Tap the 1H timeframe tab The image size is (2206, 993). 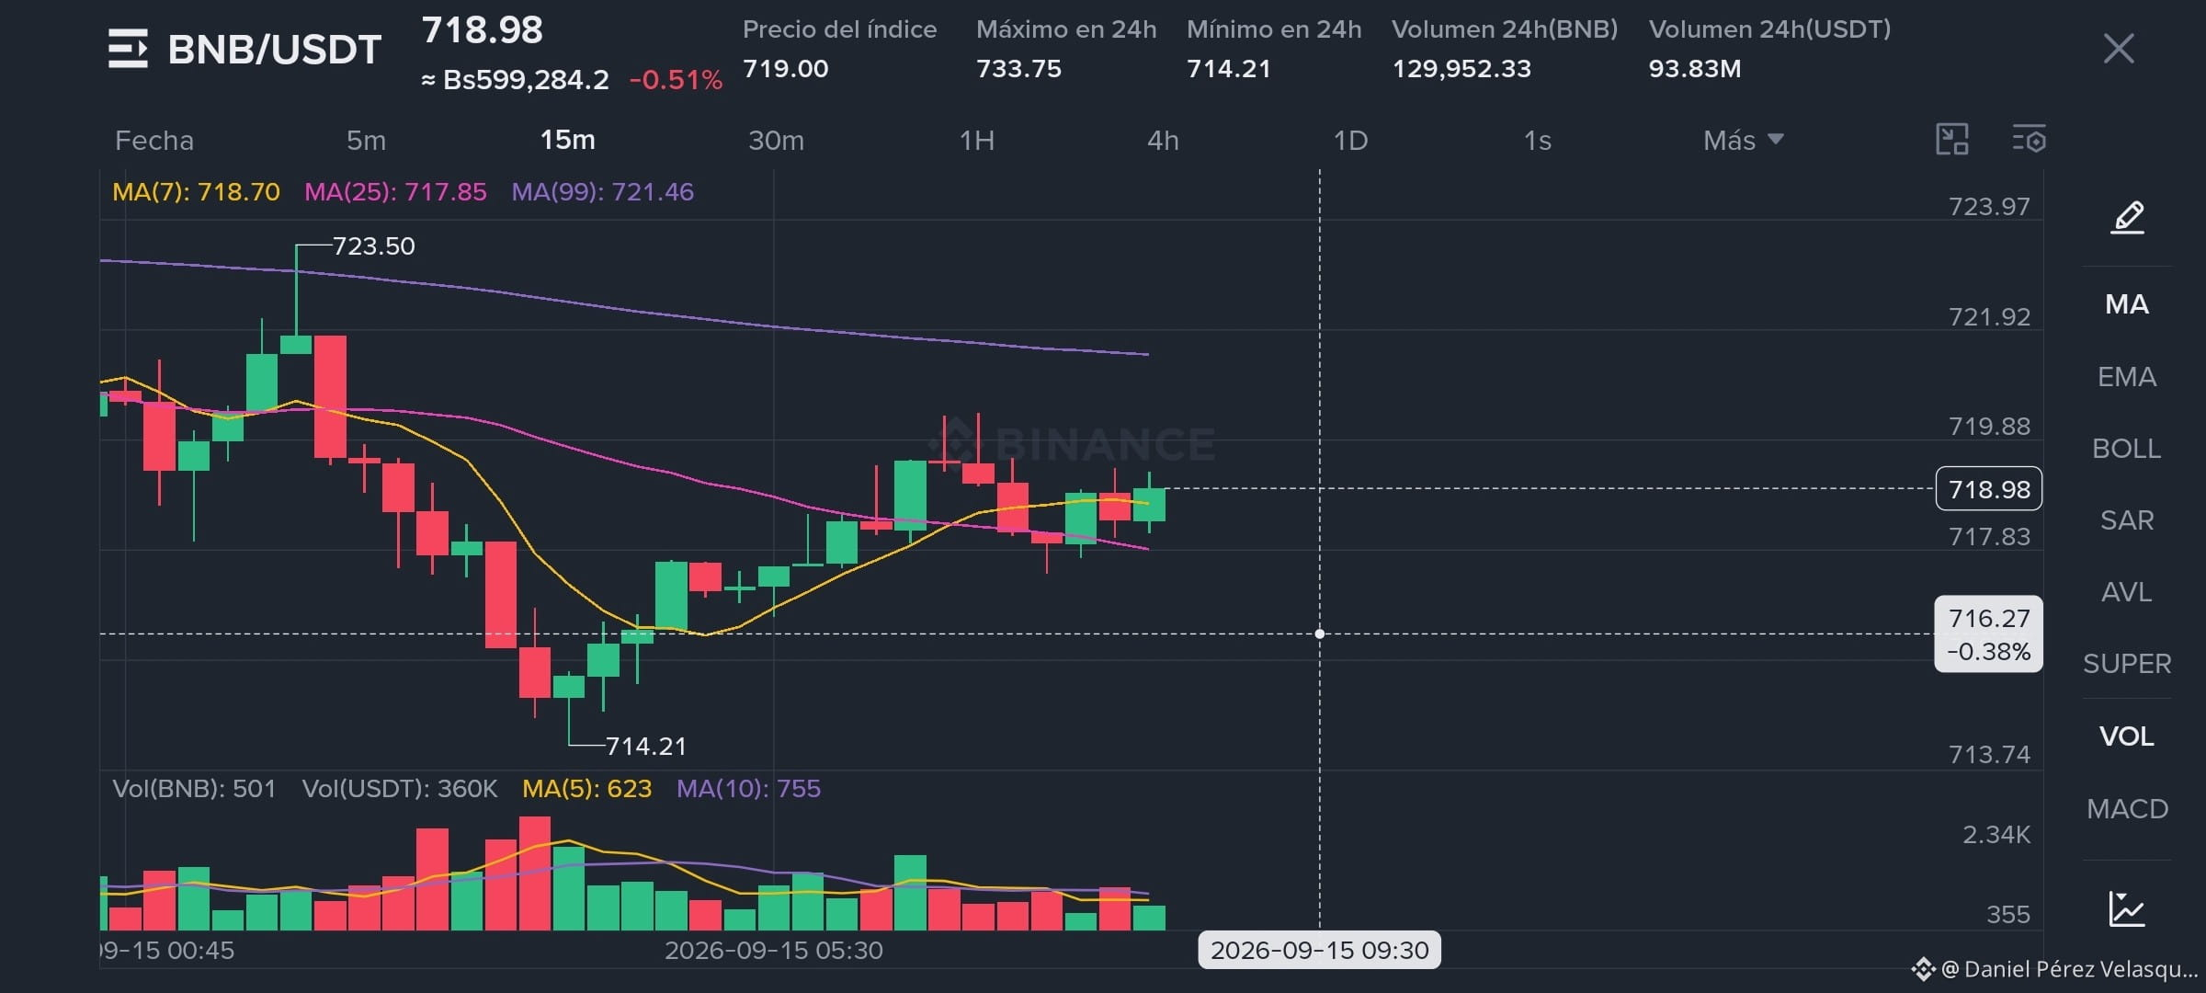976,140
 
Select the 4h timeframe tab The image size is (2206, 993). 1163,140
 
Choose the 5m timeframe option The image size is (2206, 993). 366,140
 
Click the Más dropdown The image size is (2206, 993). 1743,140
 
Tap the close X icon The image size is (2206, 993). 2119,49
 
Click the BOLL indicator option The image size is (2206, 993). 2126,448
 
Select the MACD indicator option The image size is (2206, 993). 2127,808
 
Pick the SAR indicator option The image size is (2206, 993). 2127,519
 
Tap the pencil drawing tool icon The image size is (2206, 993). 2127,218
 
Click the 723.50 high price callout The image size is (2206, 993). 373,245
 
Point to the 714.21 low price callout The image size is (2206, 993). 645,746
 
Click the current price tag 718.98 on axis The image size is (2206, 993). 1989,488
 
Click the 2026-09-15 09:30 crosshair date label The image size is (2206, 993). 1319,950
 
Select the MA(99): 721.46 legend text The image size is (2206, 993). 602,191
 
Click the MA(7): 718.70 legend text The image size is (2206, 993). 196,191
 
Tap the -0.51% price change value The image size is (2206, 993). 676,80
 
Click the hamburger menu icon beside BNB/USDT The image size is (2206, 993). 128,49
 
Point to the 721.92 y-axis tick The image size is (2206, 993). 1989,316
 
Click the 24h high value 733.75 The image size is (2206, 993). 1018,68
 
